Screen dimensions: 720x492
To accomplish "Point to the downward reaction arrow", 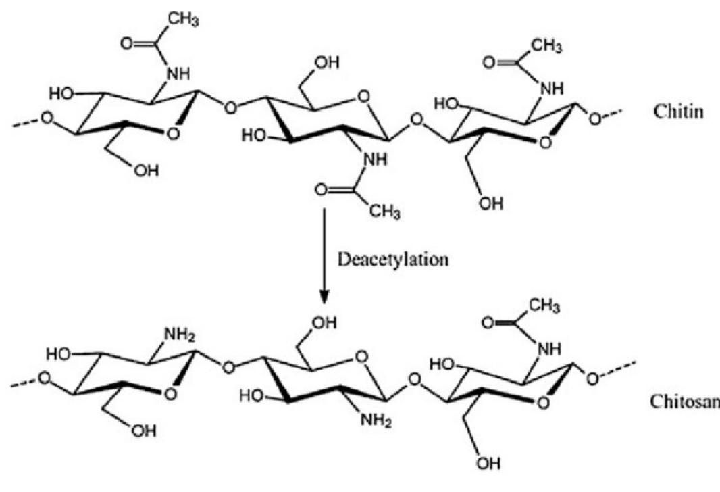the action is (x=326, y=257).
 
